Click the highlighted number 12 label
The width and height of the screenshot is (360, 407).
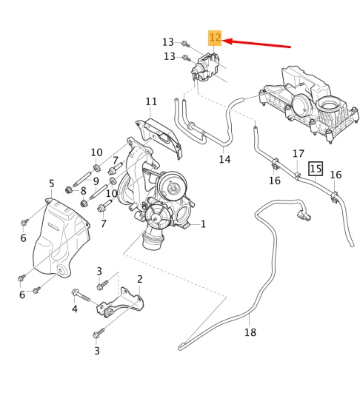tap(215, 38)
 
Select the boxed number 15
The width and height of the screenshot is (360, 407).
tap(316, 169)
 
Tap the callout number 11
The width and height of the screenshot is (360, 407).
tap(151, 101)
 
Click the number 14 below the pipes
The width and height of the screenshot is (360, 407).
tap(224, 159)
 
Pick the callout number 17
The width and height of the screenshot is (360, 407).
tap(298, 154)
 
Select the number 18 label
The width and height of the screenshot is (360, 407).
tap(250, 332)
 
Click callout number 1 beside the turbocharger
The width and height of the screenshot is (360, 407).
tap(203, 223)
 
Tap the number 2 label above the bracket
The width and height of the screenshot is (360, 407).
tap(140, 279)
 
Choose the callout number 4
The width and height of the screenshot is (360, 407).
tap(74, 309)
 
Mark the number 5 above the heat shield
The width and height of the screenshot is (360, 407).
tap(51, 184)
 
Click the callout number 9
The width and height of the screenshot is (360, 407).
tap(96, 181)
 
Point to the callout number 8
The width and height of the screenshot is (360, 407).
tap(83, 191)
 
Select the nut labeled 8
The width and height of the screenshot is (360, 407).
tap(68, 190)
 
